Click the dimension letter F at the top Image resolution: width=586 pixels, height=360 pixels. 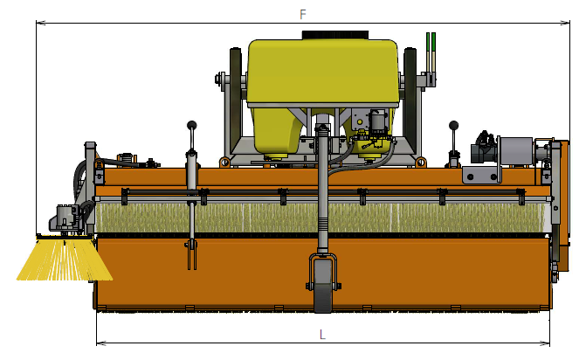click(x=303, y=14)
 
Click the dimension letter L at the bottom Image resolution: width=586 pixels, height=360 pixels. click(x=322, y=334)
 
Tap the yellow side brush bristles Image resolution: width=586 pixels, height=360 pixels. click(x=65, y=260)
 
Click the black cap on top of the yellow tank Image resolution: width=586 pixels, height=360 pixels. click(x=335, y=35)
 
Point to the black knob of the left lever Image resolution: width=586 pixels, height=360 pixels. click(x=192, y=125)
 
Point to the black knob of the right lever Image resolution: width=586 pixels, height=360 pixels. click(x=454, y=125)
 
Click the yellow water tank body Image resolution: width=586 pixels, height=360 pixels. click(x=322, y=75)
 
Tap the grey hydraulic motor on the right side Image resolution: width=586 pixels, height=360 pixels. click(x=516, y=150)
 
